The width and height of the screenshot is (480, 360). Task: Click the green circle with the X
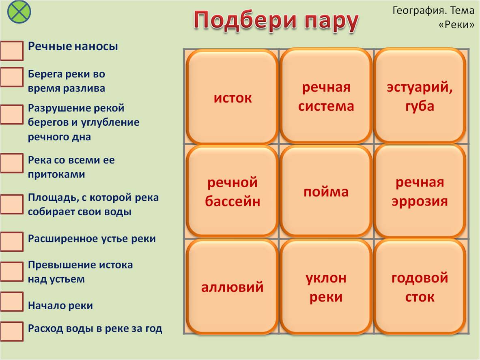pyautogui.click(x=19, y=12)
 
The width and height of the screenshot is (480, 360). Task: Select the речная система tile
pyautogui.click(x=326, y=96)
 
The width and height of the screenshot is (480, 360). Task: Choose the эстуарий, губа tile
pyautogui.click(x=420, y=96)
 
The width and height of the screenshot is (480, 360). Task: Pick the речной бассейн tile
pyautogui.click(x=232, y=191)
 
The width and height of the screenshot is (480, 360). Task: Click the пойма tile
pyautogui.click(x=326, y=191)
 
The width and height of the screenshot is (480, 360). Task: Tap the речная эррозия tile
pyautogui.click(x=420, y=191)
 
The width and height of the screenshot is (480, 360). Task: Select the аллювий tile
pyautogui.click(x=232, y=287)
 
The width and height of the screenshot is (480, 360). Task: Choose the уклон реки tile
pyautogui.click(x=326, y=287)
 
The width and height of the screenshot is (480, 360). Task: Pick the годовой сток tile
pyautogui.click(x=420, y=287)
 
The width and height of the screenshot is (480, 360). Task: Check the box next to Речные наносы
pyautogui.click(x=12, y=51)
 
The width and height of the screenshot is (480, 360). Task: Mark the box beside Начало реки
pyautogui.click(x=12, y=302)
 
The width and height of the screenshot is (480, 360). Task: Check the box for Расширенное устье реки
pyautogui.click(x=12, y=242)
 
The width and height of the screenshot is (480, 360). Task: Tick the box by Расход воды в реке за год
pyautogui.click(x=12, y=331)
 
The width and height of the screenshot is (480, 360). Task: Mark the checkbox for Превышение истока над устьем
pyautogui.click(x=12, y=271)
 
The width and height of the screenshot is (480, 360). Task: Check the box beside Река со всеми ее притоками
pyautogui.click(x=12, y=163)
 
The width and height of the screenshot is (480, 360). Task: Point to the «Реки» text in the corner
pyautogui.click(x=456, y=24)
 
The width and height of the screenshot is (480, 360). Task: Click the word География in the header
pyautogui.click(x=417, y=11)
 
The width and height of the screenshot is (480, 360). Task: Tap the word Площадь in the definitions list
pyautogui.click(x=53, y=197)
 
